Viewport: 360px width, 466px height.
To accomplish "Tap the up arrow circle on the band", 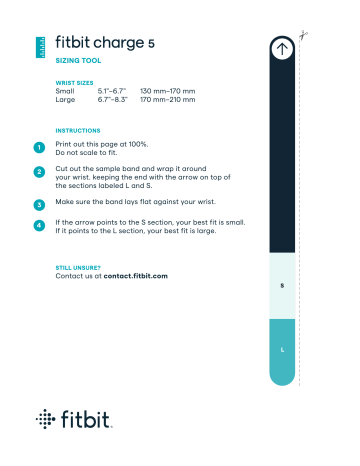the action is click(282, 46).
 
